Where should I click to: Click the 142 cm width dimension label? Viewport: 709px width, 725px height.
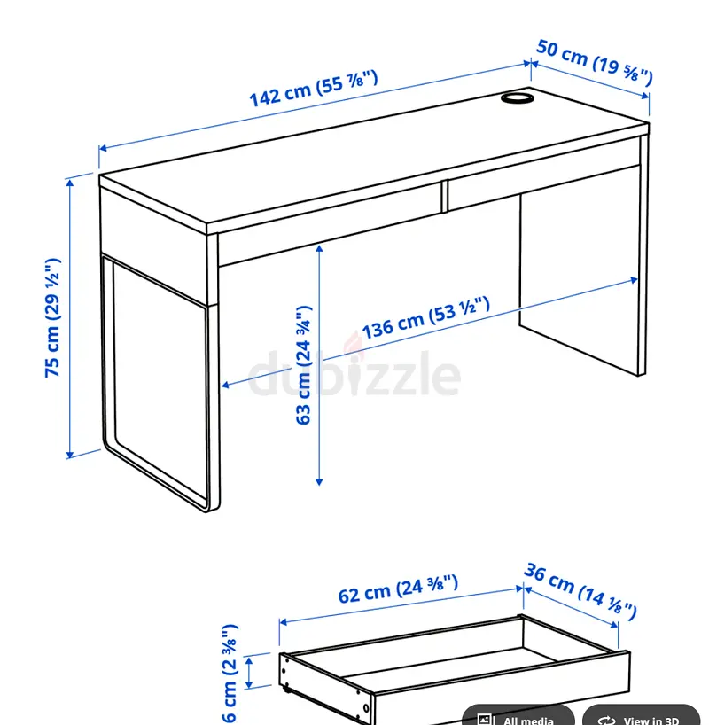[314, 88]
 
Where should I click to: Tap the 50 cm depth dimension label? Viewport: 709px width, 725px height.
[595, 62]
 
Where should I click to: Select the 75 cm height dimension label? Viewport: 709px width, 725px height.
[52, 317]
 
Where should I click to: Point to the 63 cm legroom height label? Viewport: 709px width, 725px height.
[303, 365]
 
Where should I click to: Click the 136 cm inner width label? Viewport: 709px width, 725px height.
[425, 317]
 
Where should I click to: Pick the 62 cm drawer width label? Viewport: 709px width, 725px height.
[398, 589]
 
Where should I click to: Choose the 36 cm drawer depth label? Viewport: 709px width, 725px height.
[580, 591]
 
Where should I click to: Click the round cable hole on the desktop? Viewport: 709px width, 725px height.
[517, 97]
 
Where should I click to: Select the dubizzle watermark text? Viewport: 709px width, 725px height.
[354, 370]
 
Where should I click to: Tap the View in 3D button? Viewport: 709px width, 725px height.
[641, 716]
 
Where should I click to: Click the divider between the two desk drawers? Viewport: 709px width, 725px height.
[445, 197]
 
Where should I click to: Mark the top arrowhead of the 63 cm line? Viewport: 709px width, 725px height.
[319, 250]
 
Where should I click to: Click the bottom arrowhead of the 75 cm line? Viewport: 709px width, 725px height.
[69, 455]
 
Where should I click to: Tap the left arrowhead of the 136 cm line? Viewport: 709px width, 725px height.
[226, 385]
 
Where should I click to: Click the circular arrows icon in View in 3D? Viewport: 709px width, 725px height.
[606, 720]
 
